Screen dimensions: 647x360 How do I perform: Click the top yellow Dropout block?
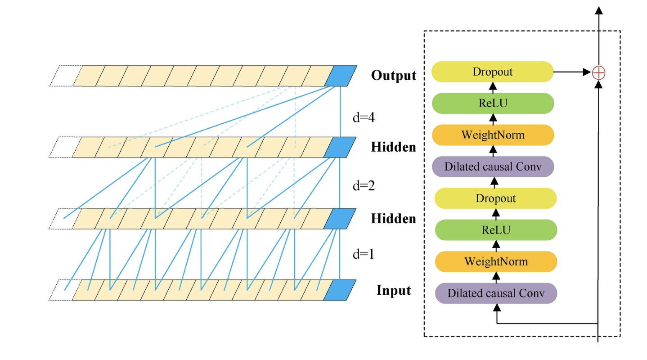pyautogui.click(x=493, y=72)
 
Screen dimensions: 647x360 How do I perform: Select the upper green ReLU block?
pyautogui.click(x=493, y=103)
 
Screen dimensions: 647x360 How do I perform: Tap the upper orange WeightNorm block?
pyautogui.click(x=493, y=135)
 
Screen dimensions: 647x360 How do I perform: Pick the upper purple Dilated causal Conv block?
pyautogui.click(x=493, y=166)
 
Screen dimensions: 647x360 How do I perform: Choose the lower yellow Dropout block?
pyautogui.click(x=496, y=198)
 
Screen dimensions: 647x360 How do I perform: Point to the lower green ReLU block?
pyautogui.click(x=496, y=230)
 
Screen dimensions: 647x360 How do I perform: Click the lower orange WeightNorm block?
pyautogui.click(x=496, y=261)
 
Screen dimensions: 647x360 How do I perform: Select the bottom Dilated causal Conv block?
pyautogui.click(x=496, y=293)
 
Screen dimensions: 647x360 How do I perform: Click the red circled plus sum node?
pyautogui.click(x=599, y=72)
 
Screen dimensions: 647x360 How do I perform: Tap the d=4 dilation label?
pyautogui.click(x=364, y=117)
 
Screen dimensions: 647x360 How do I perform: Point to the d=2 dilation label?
pyautogui.click(x=364, y=185)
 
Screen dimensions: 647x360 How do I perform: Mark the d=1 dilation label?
pyautogui.click(x=364, y=254)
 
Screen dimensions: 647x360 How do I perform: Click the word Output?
pyautogui.click(x=393, y=76)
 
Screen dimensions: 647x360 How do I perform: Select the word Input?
pyautogui.click(x=393, y=290)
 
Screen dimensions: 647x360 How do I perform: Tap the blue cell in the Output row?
pyautogui.click(x=341, y=76)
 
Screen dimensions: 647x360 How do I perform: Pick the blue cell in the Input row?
pyautogui.click(x=340, y=290)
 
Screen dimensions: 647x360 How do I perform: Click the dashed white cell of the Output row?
pyautogui.click(x=66, y=76)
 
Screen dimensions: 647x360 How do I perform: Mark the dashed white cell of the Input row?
pyautogui.click(x=65, y=290)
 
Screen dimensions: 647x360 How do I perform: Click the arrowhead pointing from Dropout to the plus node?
pyautogui.click(x=587, y=72)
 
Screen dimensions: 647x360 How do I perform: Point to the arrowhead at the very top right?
pyautogui.click(x=599, y=10)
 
